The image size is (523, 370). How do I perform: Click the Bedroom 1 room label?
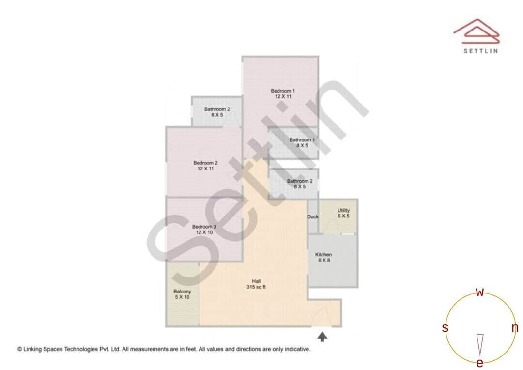[282, 91]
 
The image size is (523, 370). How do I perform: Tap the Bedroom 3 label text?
[204, 227]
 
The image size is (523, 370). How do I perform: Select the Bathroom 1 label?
[302, 140]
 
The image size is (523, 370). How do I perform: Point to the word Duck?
[313, 216]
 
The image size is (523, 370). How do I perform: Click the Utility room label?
[343, 210]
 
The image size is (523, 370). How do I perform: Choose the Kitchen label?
[323, 255]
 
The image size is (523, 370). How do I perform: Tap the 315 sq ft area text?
[256, 287]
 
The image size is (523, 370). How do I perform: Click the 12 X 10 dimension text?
[204, 232]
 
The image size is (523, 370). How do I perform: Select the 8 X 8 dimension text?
[323, 261]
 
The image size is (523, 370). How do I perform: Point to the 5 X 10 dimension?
[182, 297]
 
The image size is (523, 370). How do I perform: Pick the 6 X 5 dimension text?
[343, 216]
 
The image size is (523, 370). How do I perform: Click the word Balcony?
[182, 291]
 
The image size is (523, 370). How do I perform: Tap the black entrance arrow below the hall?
[322, 336]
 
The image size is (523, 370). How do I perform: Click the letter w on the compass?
[480, 292]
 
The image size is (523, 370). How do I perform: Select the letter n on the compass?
[515, 328]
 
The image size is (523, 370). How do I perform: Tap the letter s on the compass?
[445, 328]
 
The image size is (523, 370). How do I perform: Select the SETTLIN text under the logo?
[480, 51]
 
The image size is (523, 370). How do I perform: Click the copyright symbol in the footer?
[20, 349]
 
